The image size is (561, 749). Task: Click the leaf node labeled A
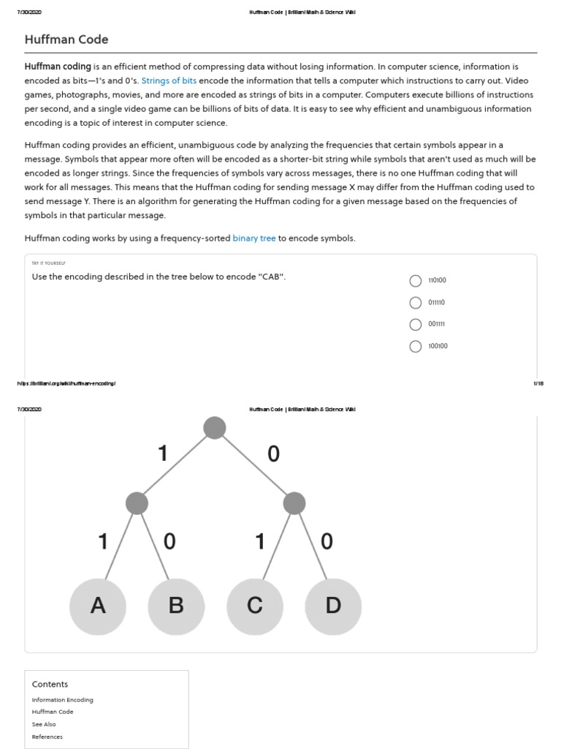(98, 606)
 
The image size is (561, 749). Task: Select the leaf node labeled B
(176, 606)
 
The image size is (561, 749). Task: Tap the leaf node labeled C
(255, 606)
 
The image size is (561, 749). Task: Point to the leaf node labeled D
(333, 606)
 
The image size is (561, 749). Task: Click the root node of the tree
(215, 428)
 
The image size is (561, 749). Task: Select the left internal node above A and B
(137, 503)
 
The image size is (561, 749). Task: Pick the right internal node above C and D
(294, 503)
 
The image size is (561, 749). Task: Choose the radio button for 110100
(416, 281)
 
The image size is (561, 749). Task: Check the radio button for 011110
(416, 303)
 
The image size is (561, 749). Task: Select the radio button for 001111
(416, 325)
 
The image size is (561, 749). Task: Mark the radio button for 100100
(416, 347)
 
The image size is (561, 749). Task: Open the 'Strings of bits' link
(169, 81)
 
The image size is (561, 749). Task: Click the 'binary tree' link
(253, 238)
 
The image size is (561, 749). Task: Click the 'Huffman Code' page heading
(66, 39)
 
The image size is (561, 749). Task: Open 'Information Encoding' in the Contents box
(63, 700)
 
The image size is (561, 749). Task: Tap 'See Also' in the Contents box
(44, 724)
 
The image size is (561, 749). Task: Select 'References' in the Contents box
(47, 737)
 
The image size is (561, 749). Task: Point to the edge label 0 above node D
(327, 541)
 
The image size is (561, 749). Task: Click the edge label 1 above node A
(103, 541)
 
